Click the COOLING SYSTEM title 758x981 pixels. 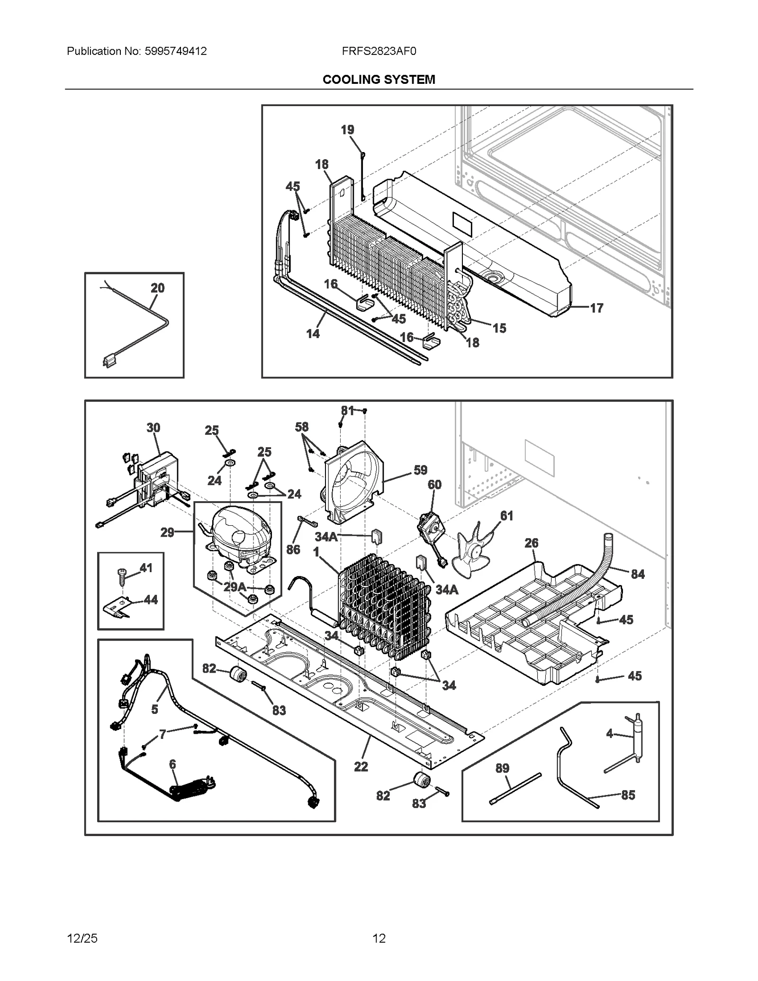tap(379, 80)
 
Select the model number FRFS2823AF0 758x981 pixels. tap(379, 51)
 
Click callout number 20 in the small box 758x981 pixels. tap(157, 288)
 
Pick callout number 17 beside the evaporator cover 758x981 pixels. tap(596, 308)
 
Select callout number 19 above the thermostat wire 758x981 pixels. tap(347, 130)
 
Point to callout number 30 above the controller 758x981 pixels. tap(153, 428)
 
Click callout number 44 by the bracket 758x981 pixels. tap(151, 600)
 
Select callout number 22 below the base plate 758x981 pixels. tap(361, 766)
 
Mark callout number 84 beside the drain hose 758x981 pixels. tap(638, 574)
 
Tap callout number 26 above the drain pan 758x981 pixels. tap(532, 543)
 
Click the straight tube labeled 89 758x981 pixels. tap(515, 788)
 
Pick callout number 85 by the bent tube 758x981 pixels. tap(628, 795)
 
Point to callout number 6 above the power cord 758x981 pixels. tap(172, 764)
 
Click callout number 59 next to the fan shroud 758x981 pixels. tap(420, 470)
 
